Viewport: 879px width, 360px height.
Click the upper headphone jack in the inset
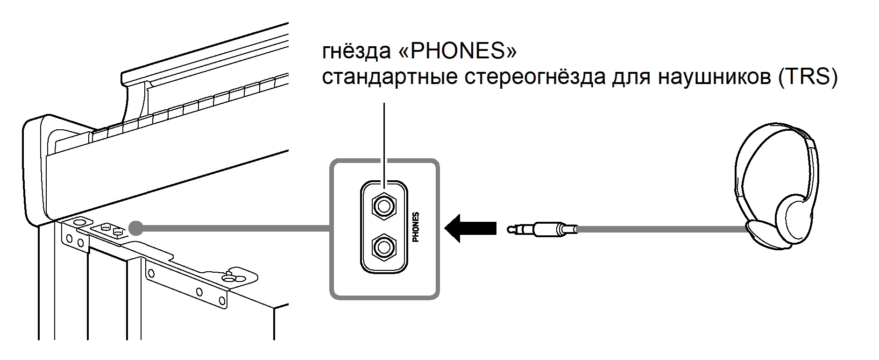coord(383,206)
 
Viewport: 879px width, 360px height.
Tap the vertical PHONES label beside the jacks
coord(416,227)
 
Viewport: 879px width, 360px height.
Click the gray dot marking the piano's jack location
coord(135,228)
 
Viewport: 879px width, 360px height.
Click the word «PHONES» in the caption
coord(456,51)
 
